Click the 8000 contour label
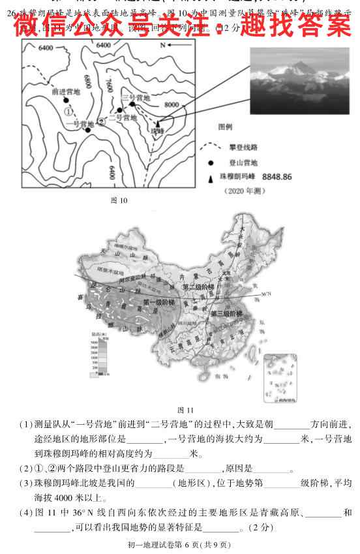[172, 104]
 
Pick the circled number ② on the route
[101, 121]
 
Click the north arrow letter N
[163, 46]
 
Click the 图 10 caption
[119, 200]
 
